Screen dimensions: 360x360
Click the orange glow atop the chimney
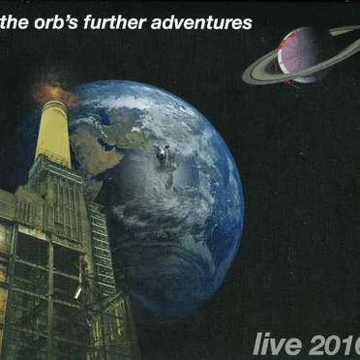click(52, 92)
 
